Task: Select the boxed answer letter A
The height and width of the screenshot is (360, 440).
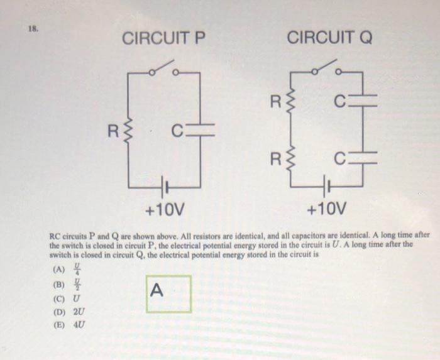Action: (158, 290)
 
